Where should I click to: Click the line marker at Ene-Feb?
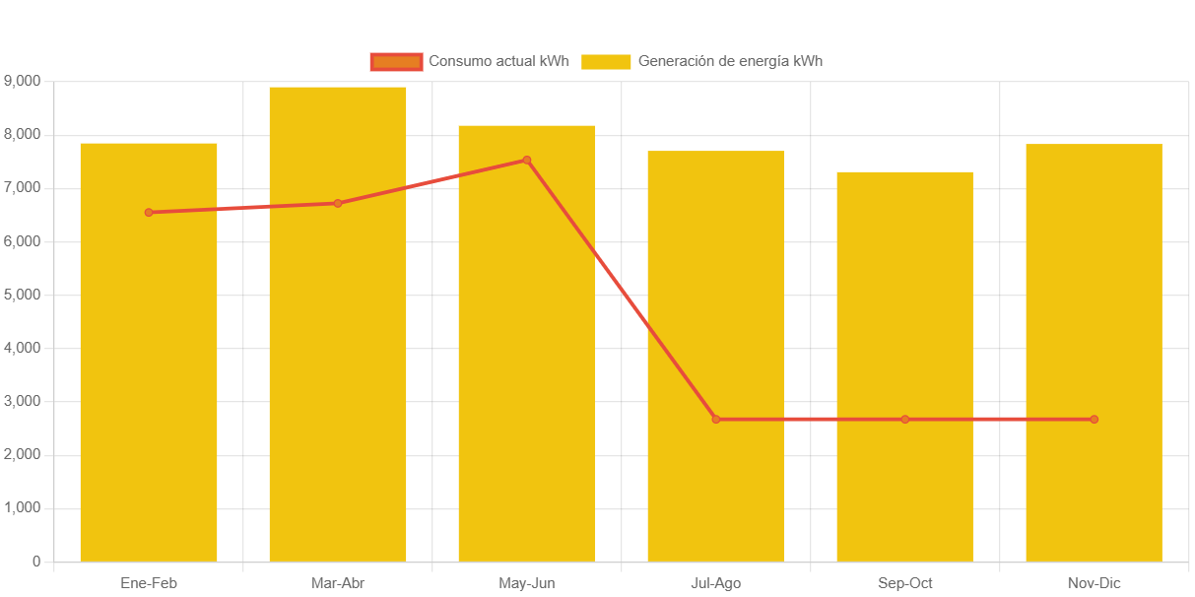coord(149,212)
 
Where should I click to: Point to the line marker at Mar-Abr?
coord(338,203)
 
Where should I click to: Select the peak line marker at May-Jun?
coord(527,160)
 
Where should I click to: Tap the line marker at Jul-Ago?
coord(716,420)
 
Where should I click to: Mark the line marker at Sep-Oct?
coord(905,420)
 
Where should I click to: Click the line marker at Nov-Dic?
coord(1094,420)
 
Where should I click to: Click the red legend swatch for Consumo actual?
coord(396,62)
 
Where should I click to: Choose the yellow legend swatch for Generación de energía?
coord(606,62)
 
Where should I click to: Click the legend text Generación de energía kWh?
coord(730,61)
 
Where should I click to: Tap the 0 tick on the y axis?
coord(36,562)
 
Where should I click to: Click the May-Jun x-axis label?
coord(527,583)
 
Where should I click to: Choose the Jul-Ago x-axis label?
coord(716,583)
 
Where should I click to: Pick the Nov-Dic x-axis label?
coord(1094,583)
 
